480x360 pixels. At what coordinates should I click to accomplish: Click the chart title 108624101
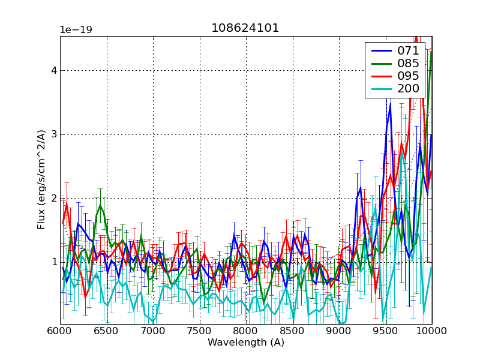(245, 28)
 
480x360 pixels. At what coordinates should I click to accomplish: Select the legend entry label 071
(408, 50)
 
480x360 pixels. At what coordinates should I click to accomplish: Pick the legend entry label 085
(408, 63)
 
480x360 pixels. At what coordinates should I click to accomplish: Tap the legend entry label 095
(408, 76)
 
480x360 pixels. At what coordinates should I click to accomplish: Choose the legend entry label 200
(408, 89)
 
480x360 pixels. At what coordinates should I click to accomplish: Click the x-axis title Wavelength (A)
(246, 343)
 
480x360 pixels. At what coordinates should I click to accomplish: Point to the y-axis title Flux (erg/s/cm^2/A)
(41, 180)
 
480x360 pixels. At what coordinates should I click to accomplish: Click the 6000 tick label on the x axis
(60, 331)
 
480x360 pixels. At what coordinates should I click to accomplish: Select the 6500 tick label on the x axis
(107, 331)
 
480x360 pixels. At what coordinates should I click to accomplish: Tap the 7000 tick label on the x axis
(153, 331)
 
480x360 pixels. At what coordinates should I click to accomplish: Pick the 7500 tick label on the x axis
(200, 331)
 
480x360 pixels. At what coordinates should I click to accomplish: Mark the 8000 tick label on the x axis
(246, 331)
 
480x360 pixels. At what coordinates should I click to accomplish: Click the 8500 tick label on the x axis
(293, 331)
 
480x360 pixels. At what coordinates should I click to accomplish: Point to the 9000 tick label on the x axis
(339, 331)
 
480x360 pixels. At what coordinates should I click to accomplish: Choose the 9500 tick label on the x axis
(386, 331)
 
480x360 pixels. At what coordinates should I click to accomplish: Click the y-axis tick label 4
(54, 70)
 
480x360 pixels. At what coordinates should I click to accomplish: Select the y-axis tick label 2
(54, 198)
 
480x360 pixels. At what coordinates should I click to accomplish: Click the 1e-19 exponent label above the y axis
(76, 29)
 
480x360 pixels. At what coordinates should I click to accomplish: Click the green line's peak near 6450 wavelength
(100, 205)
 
